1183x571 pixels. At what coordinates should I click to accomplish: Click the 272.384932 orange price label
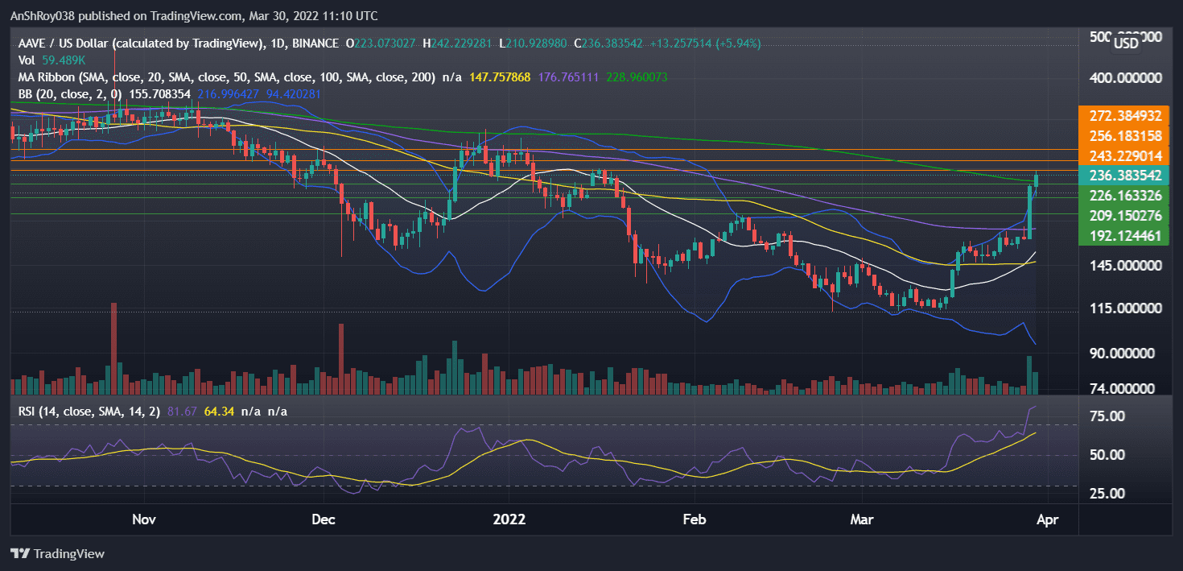[1125, 115]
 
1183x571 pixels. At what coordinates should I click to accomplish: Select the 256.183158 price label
[1125, 134]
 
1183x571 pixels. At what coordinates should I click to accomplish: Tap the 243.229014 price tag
[1125, 155]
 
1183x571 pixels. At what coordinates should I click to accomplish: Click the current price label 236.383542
[1125, 176]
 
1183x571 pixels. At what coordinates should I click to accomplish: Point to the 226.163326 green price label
[1125, 196]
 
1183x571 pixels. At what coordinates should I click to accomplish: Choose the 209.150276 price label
[1125, 216]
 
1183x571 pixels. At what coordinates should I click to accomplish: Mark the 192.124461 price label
[1125, 236]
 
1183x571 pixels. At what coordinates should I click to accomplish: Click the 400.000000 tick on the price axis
[1125, 79]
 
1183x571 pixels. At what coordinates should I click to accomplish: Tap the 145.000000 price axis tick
[1125, 266]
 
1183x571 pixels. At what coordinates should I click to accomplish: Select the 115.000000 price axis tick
[1125, 308]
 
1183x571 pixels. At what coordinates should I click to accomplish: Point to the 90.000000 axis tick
[1125, 354]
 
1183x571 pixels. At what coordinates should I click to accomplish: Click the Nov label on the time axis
[143, 519]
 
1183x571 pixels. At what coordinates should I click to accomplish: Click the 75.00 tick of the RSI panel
[1107, 416]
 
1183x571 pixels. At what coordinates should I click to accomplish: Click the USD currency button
[1125, 44]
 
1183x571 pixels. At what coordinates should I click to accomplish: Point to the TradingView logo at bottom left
[58, 554]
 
